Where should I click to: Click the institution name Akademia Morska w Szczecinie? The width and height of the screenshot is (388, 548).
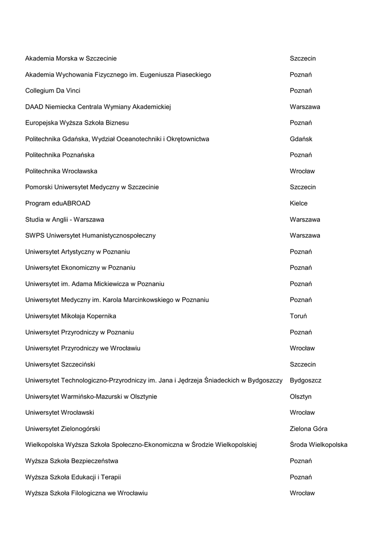71,58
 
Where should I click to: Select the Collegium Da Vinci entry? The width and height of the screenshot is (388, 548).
53,90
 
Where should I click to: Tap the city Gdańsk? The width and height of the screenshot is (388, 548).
301,139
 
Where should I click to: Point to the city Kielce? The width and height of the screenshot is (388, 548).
299,203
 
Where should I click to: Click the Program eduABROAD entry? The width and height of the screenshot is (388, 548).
57,203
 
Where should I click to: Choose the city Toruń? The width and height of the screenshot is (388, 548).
298,316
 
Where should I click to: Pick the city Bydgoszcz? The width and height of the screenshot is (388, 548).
305,380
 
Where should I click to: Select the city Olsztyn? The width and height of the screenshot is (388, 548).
301,397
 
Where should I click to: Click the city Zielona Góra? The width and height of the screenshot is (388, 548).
308,429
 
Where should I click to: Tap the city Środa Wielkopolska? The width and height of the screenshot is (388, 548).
318,445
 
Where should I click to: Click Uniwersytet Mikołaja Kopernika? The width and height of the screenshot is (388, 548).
70,316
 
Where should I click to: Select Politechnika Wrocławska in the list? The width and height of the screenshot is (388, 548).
61,171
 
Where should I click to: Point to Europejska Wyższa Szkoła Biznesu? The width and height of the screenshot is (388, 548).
77,123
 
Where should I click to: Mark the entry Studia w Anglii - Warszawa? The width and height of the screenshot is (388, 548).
64,219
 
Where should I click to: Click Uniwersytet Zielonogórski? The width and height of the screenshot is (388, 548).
62,429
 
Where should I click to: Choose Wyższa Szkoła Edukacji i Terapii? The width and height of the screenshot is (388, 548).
69,477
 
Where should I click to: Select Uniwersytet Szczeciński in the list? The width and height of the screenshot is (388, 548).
60,364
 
